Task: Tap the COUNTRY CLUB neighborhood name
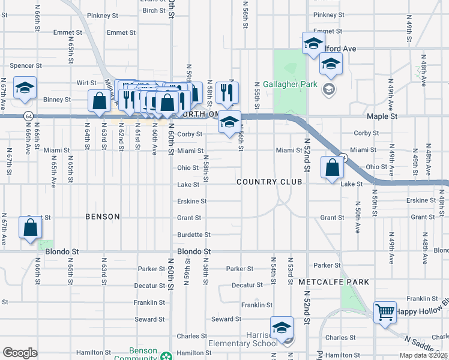[269, 182]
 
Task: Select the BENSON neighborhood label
[102, 216]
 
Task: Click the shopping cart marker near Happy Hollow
[385, 312]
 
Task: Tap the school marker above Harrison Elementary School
[282, 328]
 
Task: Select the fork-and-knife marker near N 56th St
[227, 92]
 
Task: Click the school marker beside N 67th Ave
[25, 88]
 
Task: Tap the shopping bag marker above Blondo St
[31, 228]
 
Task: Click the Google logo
[20, 353]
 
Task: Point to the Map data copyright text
[423, 355]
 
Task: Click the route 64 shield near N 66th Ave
[28, 115]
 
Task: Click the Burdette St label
[193, 235]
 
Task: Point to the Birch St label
[154, 11]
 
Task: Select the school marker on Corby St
[229, 122]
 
